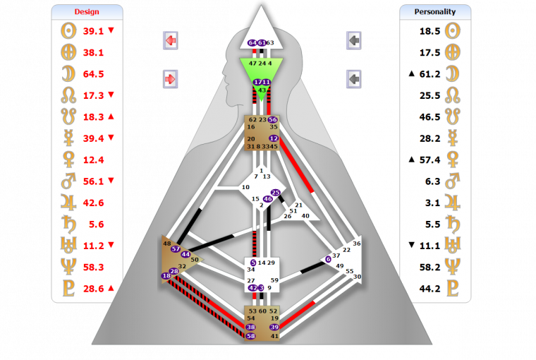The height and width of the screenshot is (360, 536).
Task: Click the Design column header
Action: [87, 12]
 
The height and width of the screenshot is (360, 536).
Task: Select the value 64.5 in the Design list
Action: [94, 73]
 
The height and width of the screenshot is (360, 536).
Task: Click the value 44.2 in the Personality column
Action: [430, 288]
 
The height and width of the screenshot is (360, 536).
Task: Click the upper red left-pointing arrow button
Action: [170, 41]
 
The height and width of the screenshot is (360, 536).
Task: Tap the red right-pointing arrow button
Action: [170, 78]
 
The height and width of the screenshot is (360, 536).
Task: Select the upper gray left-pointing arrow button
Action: [354, 41]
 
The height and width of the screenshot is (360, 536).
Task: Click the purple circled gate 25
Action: [276, 193]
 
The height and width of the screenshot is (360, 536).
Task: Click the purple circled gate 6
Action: [328, 259]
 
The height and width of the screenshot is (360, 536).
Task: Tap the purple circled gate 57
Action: [176, 248]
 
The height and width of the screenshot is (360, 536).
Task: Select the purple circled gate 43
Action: [262, 90]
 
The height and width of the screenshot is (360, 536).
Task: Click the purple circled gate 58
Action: [250, 336]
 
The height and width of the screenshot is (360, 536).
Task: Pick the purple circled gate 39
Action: [274, 328]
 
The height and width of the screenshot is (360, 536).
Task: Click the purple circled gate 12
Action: [274, 138]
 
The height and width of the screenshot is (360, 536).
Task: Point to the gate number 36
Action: [357, 244]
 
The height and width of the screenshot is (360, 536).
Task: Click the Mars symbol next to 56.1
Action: [68, 181]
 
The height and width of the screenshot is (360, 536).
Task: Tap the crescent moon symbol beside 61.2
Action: [454, 73]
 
